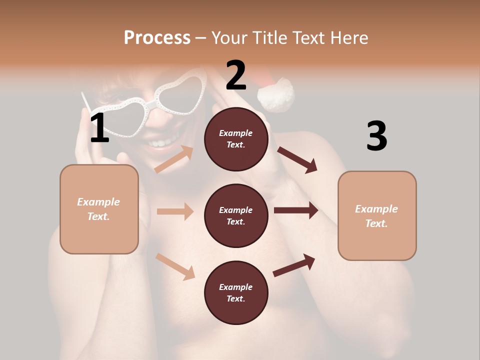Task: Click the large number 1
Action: (99, 128)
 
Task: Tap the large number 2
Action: (236, 75)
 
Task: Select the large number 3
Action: (376, 136)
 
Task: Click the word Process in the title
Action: (157, 37)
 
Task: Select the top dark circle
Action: (236, 139)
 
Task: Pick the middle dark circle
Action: (236, 215)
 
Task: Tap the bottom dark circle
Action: (236, 292)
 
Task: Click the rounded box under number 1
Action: (99, 209)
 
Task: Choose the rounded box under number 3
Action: (377, 215)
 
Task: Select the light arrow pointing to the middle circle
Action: (175, 211)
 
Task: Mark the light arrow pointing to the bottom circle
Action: (175, 266)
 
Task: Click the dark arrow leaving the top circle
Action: (297, 159)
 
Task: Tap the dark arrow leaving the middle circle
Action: (296, 210)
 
